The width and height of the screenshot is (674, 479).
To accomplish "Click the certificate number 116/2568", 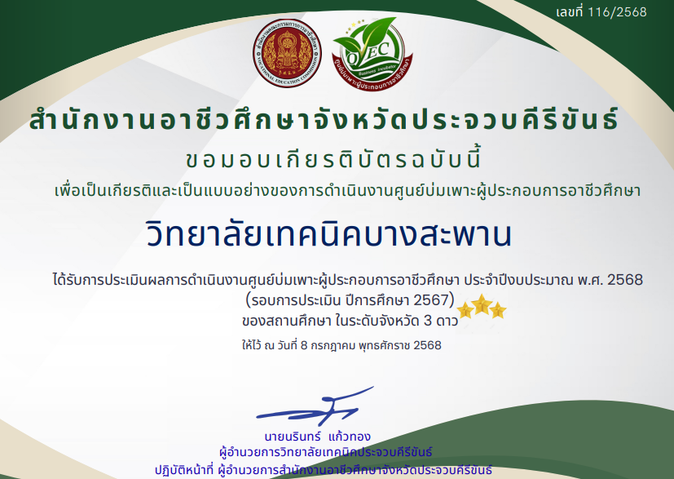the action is [617, 12].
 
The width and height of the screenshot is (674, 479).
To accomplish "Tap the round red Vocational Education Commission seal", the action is [287, 53].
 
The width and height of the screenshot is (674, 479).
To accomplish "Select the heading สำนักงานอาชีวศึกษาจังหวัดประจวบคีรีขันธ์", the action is [324, 119].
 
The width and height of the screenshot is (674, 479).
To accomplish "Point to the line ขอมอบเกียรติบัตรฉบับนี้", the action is [334, 158].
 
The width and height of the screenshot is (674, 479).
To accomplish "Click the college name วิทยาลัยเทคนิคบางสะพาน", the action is [328, 234].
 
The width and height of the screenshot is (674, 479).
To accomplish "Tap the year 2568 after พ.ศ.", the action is [625, 280].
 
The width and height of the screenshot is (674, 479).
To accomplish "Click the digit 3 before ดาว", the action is [428, 321].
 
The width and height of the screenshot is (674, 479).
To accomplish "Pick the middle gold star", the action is [482, 304].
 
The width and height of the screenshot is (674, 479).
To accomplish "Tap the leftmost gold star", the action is [465, 310].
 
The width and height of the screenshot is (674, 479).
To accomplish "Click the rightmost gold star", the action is [498, 310].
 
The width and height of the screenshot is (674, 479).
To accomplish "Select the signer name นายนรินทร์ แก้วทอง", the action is [317, 437].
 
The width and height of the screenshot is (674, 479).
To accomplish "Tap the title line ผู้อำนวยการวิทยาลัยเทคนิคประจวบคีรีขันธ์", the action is [325, 452].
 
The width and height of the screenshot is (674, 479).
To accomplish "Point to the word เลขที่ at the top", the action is [570, 12].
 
